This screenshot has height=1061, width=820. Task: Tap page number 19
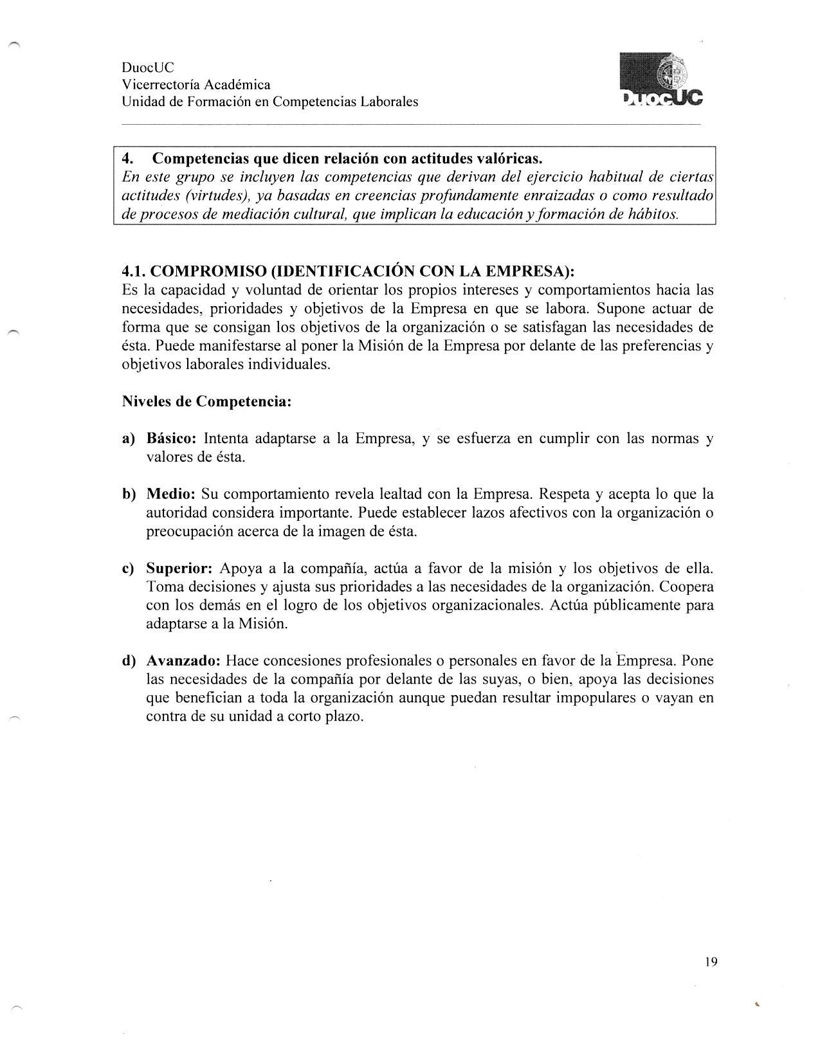coord(711,962)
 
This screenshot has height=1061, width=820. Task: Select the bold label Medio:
coord(171,494)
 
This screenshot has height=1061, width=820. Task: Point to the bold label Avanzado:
coord(184,660)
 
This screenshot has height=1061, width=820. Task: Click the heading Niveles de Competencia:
coord(206,401)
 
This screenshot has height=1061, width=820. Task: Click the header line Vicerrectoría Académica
coord(196,85)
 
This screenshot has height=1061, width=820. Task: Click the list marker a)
coord(129,439)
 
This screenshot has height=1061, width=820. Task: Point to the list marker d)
coord(129,660)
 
